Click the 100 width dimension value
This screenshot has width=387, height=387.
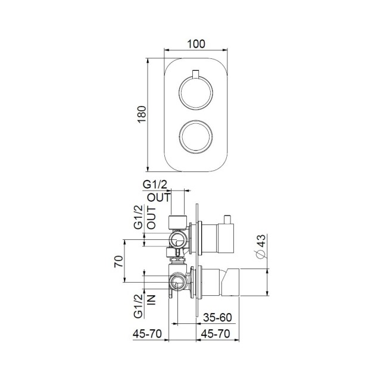tap(196, 43)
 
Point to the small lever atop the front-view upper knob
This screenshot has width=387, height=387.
tap(194, 74)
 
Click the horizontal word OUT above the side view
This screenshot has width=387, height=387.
tap(159, 198)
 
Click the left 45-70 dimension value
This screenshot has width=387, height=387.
tap(147, 335)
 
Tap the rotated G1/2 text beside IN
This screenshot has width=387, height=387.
tap(138, 305)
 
